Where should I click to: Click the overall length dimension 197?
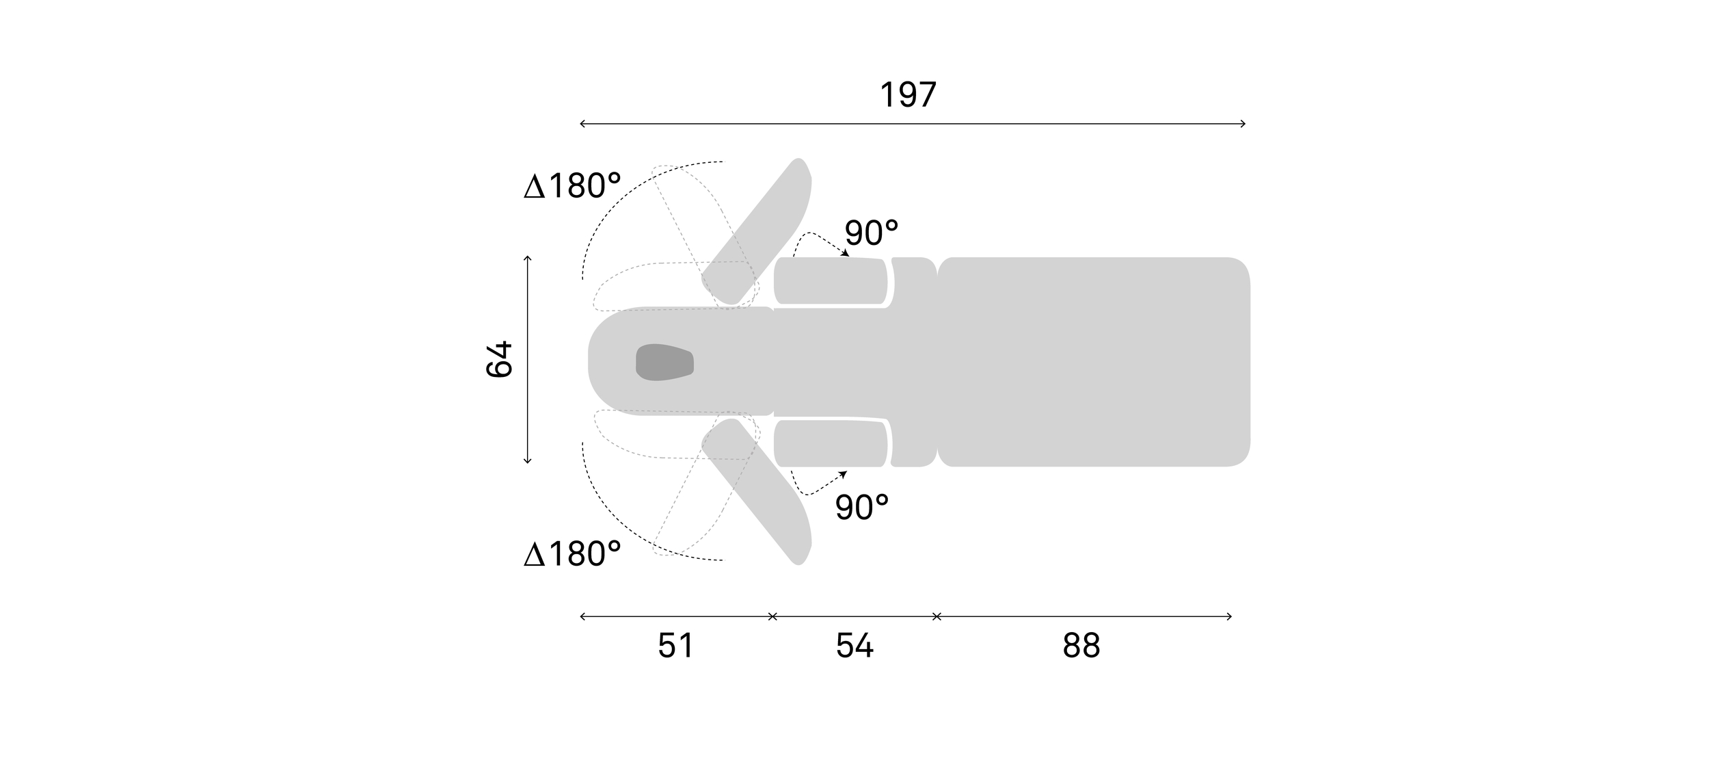pos(907,95)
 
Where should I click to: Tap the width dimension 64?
pos(499,359)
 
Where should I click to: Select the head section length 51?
pos(675,646)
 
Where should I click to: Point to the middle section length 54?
pos(854,646)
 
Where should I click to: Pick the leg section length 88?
pos(1081,646)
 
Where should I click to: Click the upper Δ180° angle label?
pos(572,186)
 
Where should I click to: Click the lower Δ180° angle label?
pos(572,554)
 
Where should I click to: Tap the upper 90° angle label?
pos(872,233)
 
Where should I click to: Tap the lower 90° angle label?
pos(862,508)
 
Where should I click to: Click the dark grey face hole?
pos(664,362)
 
